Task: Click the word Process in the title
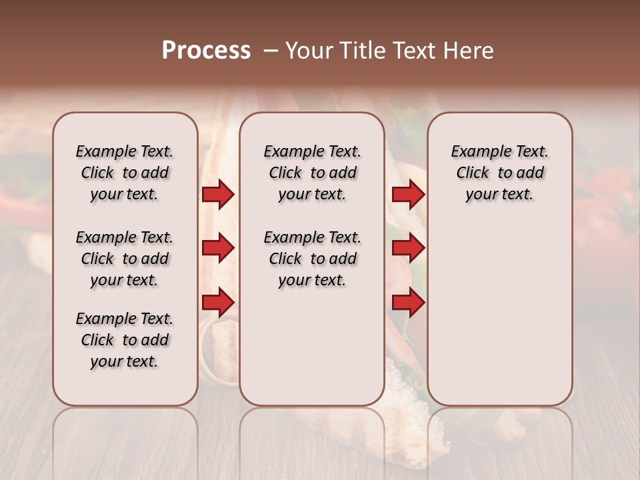click(x=206, y=51)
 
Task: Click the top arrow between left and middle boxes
click(x=217, y=195)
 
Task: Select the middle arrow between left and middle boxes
click(x=217, y=249)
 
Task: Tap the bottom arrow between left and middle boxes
click(x=217, y=303)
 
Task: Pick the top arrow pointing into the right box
click(x=408, y=195)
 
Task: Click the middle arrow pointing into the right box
click(x=408, y=249)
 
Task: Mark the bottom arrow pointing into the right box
click(x=408, y=303)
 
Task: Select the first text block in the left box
click(x=125, y=173)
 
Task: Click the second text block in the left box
click(x=125, y=259)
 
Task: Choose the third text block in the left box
click(x=125, y=340)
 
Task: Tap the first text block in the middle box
click(x=312, y=173)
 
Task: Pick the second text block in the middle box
click(x=312, y=259)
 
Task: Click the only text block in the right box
click(x=499, y=173)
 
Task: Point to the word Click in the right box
click(x=473, y=173)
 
